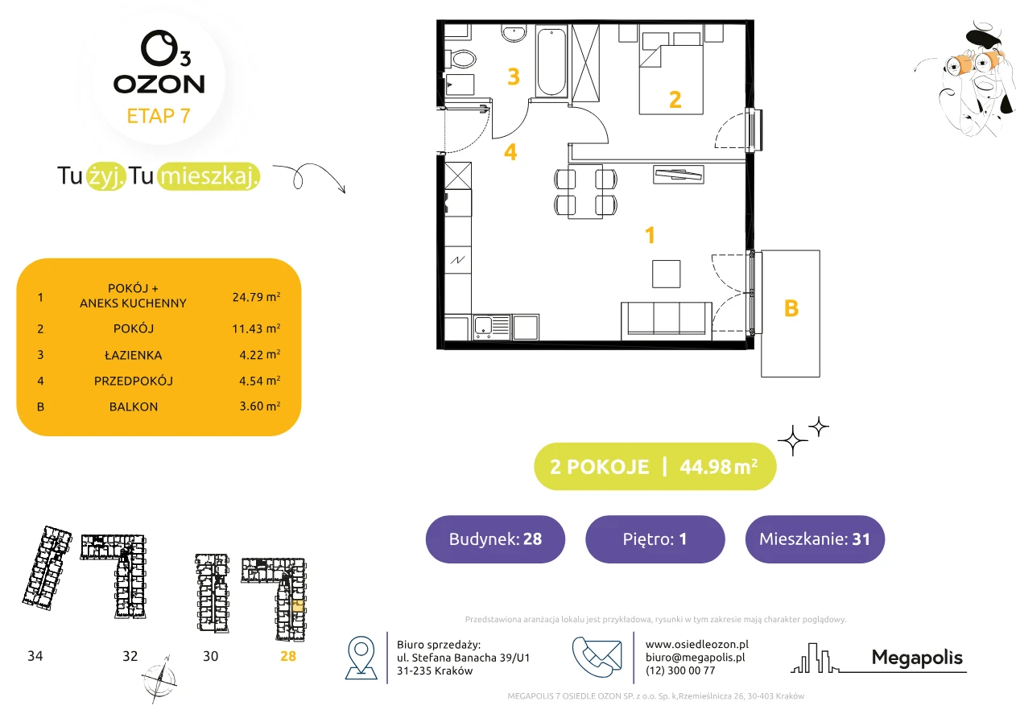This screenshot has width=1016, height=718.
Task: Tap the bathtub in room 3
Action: pos(551,61)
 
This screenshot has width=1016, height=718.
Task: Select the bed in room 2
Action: pos(671,73)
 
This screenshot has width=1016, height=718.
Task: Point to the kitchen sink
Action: pos(492,327)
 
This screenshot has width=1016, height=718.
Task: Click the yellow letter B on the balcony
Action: pos(791,308)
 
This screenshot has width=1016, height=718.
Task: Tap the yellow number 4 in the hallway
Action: pos(510,152)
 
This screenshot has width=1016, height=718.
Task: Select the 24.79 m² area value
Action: pos(256,297)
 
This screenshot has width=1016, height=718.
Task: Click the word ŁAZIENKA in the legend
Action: pos(134,355)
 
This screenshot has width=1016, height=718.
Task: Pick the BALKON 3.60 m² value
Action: pos(259,406)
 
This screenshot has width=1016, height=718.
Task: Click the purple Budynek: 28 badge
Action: pos(495,538)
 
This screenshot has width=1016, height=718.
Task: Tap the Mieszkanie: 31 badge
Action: pos(815,538)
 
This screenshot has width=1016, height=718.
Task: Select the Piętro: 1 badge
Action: pos(655,538)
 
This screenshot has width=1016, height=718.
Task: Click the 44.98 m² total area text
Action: pos(718,467)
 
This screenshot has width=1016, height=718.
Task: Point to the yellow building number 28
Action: pos(288,656)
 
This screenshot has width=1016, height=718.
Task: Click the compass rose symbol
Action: pos(159,679)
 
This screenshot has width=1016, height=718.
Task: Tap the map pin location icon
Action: pos(361,658)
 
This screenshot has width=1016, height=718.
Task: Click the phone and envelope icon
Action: pos(597,657)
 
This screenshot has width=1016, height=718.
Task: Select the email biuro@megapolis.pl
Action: pos(696,657)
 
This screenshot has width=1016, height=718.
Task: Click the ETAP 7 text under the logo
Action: pos(159,116)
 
